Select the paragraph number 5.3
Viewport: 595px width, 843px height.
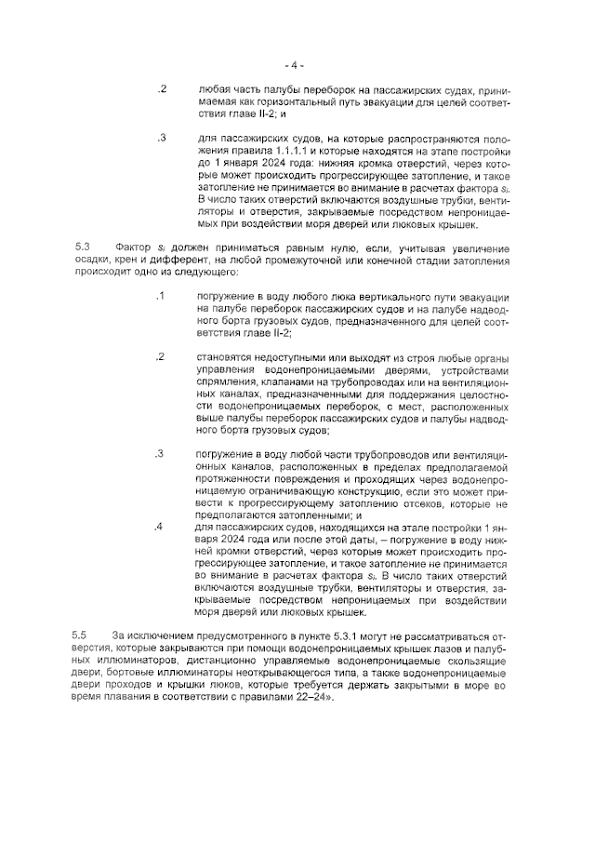pyautogui.click(x=82, y=247)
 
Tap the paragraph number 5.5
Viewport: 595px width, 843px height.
pyautogui.click(x=82, y=634)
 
